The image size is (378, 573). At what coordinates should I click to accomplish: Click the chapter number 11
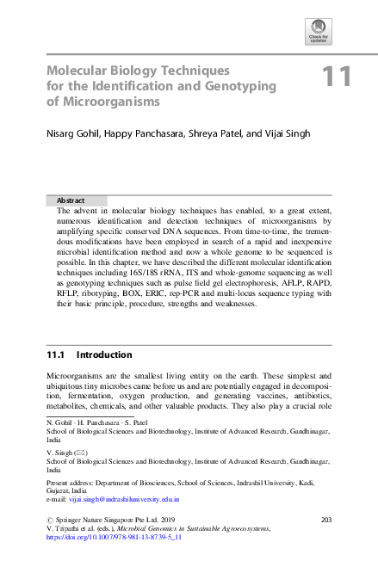click(337, 77)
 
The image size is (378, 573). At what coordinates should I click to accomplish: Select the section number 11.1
click(57, 354)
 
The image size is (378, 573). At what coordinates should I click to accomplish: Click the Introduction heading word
click(104, 354)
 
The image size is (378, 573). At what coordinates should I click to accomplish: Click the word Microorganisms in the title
click(103, 102)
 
